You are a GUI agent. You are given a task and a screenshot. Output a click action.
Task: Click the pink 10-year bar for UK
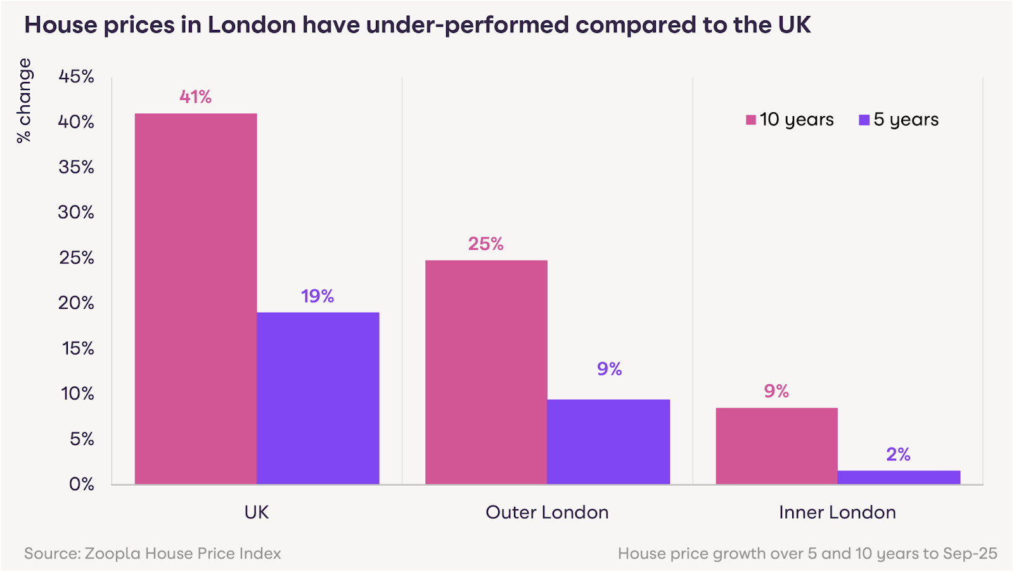pos(196,299)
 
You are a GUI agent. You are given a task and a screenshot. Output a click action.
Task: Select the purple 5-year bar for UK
pos(318,398)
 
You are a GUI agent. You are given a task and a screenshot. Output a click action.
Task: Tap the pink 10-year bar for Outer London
pos(486,372)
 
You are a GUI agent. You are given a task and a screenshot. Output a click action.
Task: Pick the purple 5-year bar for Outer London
pos(608,442)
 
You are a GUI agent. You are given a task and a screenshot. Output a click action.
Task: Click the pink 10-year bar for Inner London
pos(776,446)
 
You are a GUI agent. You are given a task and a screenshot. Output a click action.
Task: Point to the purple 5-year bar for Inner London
pos(899,478)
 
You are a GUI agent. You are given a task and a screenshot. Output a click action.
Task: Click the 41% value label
pos(195,97)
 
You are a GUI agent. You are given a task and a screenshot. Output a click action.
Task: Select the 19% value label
pos(318,296)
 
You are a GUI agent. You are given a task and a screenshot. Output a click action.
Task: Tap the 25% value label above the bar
pos(486,244)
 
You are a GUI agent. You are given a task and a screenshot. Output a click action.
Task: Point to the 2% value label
pos(898,455)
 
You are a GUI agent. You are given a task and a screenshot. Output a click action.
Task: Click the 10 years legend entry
pos(790,120)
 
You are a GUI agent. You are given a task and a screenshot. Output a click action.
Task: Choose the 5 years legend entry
pos(899,120)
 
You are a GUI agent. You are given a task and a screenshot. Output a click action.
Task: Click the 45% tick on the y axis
pos(76,77)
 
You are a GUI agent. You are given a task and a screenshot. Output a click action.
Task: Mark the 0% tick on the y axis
pos(81,484)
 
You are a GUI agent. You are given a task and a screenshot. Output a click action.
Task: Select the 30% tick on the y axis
pos(76,212)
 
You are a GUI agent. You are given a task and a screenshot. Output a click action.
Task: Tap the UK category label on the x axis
pos(257,512)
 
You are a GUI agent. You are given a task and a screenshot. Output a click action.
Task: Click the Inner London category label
pos(837,512)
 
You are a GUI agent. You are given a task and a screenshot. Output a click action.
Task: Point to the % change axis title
pos(24,100)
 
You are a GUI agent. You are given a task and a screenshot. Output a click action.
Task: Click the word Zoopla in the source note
pos(113,554)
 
